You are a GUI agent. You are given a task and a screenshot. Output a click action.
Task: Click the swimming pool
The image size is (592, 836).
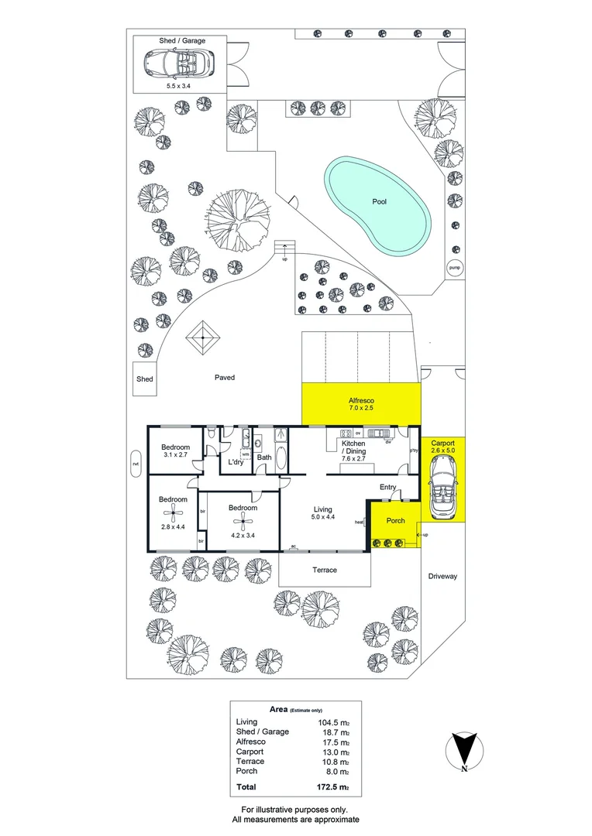378,203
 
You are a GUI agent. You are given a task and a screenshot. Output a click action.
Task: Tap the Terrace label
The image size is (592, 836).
325,570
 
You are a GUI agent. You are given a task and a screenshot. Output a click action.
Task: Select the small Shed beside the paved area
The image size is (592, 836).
145,379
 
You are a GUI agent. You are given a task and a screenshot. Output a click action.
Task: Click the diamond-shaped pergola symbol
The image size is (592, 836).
203,337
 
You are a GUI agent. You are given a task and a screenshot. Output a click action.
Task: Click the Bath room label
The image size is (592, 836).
264,457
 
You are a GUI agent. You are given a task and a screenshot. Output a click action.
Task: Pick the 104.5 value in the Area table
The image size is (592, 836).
330,721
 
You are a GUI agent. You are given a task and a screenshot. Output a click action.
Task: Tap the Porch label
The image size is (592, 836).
396,521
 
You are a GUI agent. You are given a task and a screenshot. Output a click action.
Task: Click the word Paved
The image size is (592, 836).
225,378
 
